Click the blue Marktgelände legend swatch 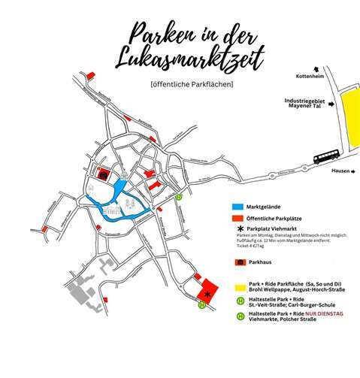237,204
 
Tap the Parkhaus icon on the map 103,174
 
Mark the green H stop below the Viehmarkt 201,305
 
